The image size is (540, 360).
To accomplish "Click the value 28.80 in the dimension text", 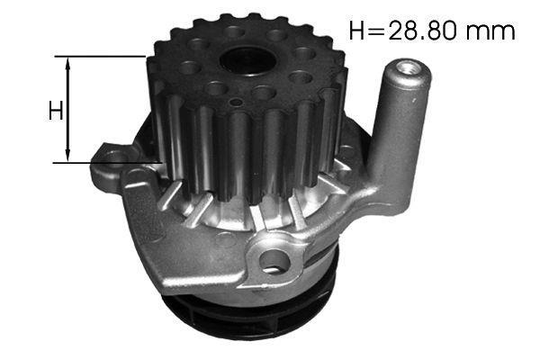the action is (425, 30).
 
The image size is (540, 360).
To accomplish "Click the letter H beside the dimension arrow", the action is (56, 111).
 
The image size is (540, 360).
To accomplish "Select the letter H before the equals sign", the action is (358, 30).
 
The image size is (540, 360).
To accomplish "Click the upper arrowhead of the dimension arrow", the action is (68, 65).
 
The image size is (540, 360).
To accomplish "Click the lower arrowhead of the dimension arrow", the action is (68, 154).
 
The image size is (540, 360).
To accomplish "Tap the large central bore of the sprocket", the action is (247, 60).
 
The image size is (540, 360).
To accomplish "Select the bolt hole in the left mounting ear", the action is (112, 156).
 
